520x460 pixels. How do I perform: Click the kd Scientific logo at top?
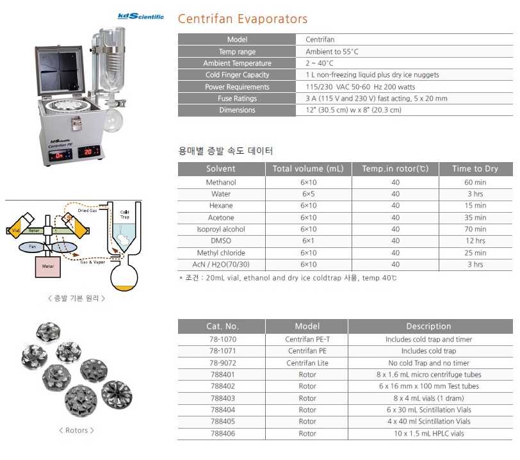click(141, 16)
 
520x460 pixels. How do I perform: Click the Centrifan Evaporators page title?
click(243, 19)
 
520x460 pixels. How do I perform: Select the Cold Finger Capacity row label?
click(237, 75)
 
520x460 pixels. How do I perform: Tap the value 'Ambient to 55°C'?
click(332, 52)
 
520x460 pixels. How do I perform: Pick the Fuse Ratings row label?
click(237, 99)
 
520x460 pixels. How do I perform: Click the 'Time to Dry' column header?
click(475, 168)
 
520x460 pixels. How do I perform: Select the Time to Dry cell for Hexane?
click(475, 206)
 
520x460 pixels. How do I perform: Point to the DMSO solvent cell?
click(221, 241)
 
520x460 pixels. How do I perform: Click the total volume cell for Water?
click(309, 194)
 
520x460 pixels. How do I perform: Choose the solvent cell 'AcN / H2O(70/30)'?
click(221, 265)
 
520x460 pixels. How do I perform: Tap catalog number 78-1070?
click(223, 340)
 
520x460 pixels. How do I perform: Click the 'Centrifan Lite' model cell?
click(307, 363)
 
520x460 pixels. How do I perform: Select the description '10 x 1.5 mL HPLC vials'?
click(429, 434)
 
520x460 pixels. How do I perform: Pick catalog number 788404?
click(223, 410)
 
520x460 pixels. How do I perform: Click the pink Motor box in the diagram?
click(48, 267)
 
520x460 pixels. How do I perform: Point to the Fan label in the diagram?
click(32, 247)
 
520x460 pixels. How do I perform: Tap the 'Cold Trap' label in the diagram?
click(125, 215)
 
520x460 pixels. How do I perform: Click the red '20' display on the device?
click(88, 152)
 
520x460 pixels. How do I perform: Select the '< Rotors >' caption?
click(77, 431)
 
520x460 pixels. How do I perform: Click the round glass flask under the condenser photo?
click(113, 120)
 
